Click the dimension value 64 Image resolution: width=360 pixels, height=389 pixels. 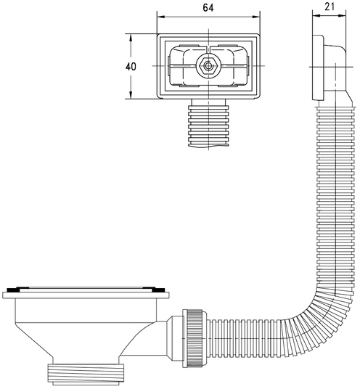pos(208,8)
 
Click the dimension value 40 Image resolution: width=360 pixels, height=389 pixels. pos(131,67)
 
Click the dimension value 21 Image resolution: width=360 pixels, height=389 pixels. pos(330,7)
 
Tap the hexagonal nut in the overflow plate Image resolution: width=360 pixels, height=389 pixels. pos(208,66)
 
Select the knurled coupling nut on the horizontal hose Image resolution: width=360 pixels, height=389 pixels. pos(195,338)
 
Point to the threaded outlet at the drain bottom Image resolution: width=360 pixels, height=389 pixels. pos(86,374)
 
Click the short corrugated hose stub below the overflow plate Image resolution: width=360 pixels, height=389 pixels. pos(208,126)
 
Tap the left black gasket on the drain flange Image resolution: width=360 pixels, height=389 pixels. pos(13,290)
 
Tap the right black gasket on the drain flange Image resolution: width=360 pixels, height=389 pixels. pos(157,290)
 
